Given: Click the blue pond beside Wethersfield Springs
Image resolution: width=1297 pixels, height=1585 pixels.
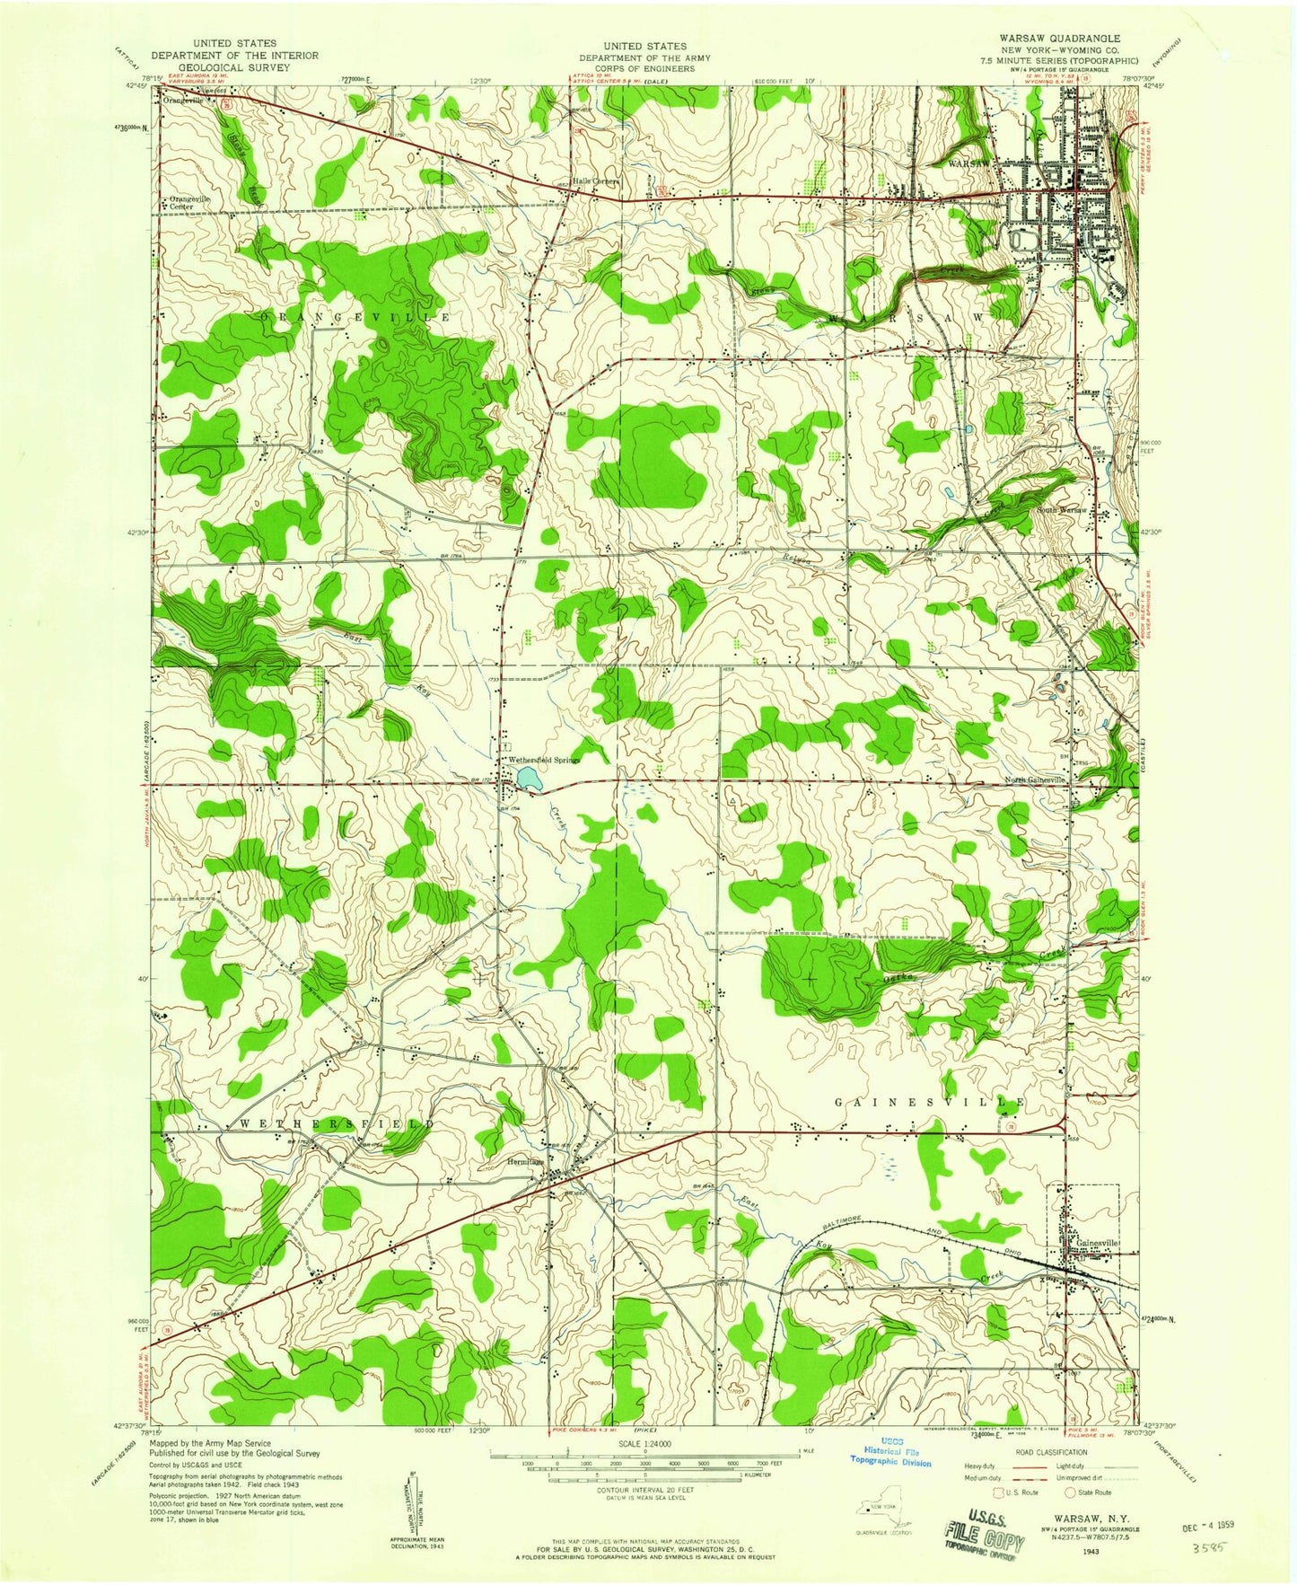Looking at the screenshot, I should coord(528,778).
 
